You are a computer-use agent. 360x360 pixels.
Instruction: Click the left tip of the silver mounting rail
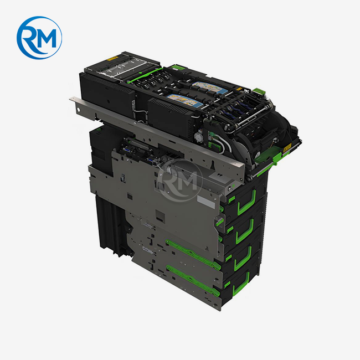[72, 100]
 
